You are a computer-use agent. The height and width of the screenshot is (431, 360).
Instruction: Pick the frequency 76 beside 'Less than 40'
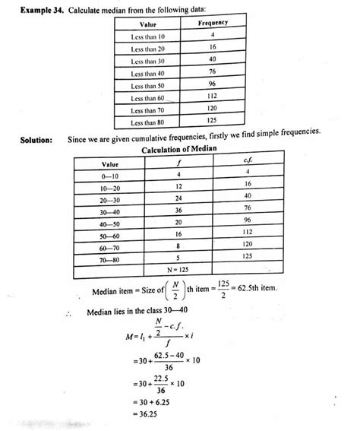(x=213, y=73)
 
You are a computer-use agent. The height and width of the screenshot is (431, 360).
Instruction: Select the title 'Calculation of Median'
(x=179, y=149)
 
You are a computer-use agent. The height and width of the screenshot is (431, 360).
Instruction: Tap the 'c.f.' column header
(x=248, y=160)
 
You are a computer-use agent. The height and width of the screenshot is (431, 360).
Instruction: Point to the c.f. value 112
(x=248, y=231)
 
